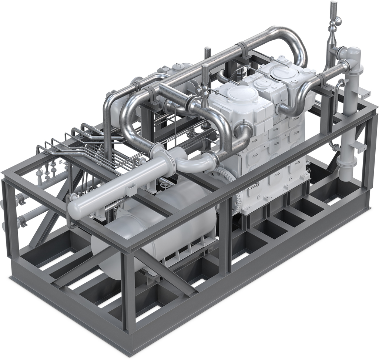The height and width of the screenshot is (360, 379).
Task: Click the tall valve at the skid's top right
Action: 333,22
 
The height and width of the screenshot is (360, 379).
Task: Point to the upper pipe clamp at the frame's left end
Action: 21,200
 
